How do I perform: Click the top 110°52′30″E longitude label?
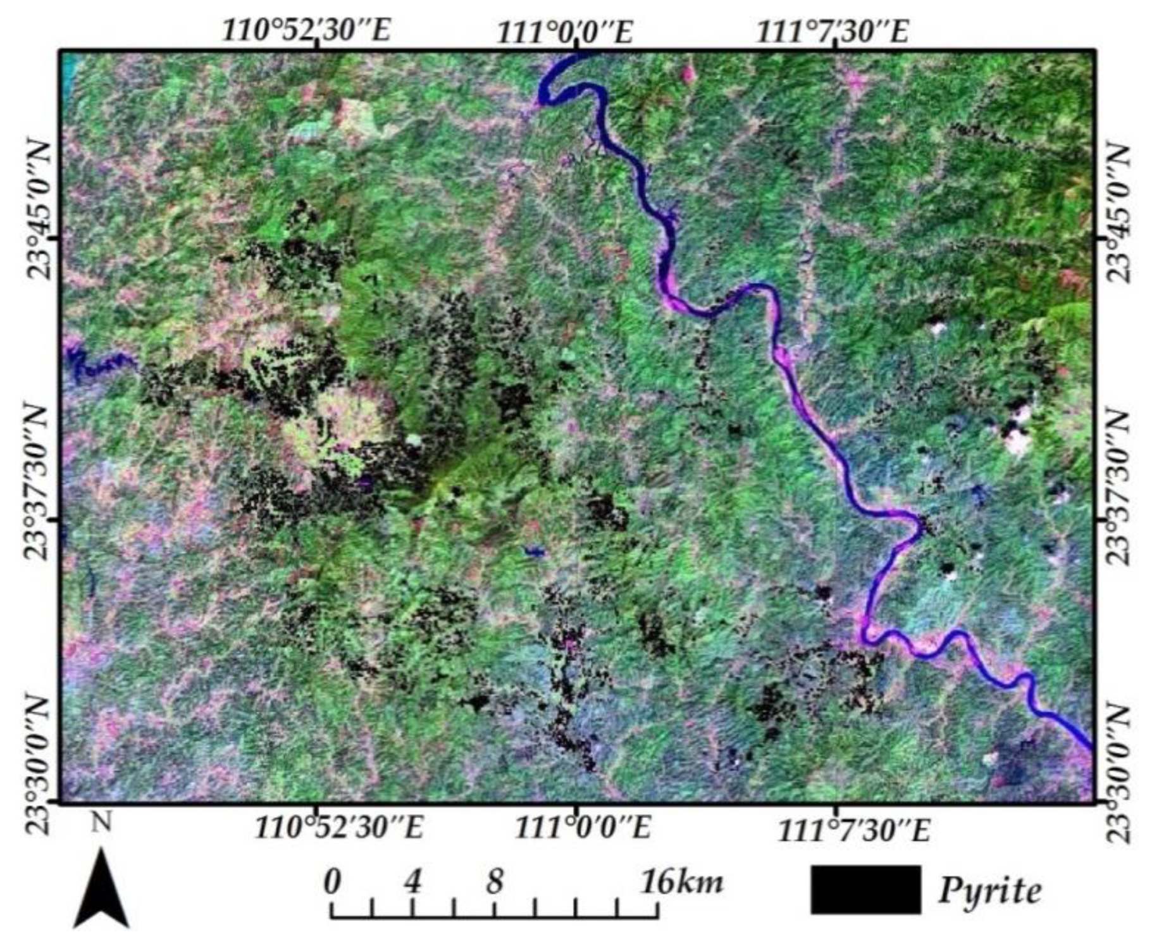pyautogui.click(x=306, y=30)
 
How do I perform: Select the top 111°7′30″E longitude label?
pyautogui.click(x=833, y=30)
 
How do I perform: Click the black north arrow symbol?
pyautogui.click(x=101, y=890)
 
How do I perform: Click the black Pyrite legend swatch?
pyautogui.click(x=865, y=890)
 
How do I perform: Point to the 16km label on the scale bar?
pyautogui.click(x=682, y=882)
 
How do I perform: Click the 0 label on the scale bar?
pyautogui.click(x=332, y=882)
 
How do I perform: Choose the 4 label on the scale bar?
pyautogui.click(x=412, y=881)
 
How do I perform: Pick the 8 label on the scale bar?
pyautogui.click(x=495, y=881)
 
